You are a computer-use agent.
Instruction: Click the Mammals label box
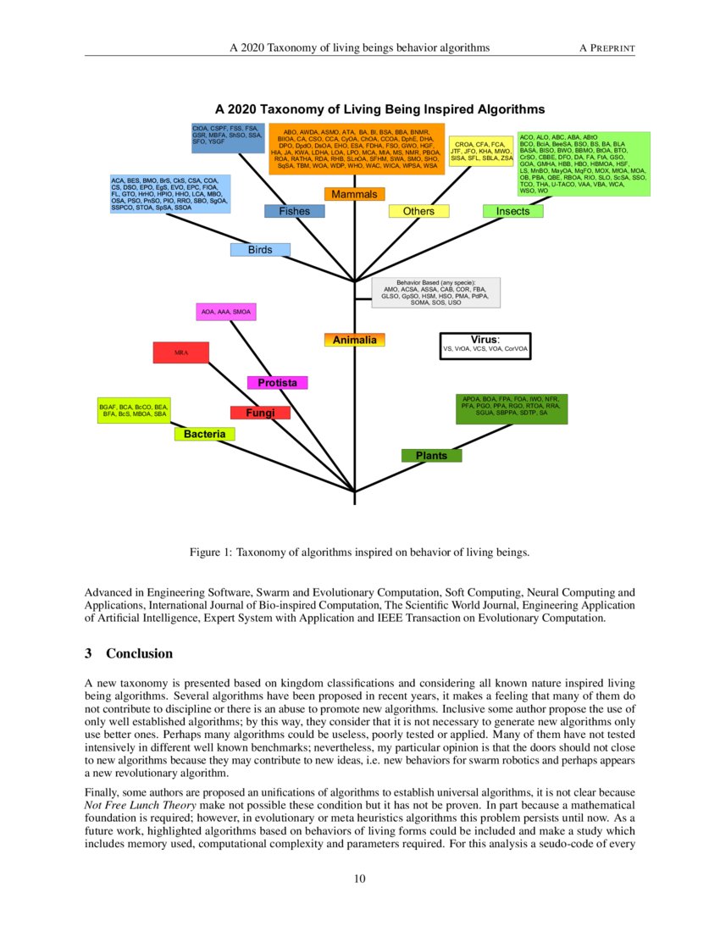[x=354, y=195]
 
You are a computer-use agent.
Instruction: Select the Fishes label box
[x=294, y=211]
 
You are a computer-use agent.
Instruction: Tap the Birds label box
[x=260, y=250]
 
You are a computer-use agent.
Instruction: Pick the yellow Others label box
[x=418, y=211]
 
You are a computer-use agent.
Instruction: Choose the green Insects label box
[x=512, y=211]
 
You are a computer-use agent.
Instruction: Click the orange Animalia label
[x=354, y=340]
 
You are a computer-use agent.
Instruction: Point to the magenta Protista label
[x=277, y=383]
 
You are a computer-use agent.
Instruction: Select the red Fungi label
[x=260, y=413]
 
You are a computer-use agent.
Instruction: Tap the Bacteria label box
[x=204, y=434]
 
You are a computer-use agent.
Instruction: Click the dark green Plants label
[x=431, y=456]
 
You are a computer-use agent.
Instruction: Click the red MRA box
[x=181, y=352]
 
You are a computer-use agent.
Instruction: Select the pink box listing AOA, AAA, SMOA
[x=225, y=313]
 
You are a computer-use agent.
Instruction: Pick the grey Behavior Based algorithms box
[x=436, y=292]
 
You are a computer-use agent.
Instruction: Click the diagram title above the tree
[x=379, y=109]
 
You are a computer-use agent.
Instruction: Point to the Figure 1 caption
[x=359, y=553]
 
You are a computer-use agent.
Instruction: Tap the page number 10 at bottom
[x=360, y=878]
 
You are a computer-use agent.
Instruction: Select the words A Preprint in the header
[x=606, y=47]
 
